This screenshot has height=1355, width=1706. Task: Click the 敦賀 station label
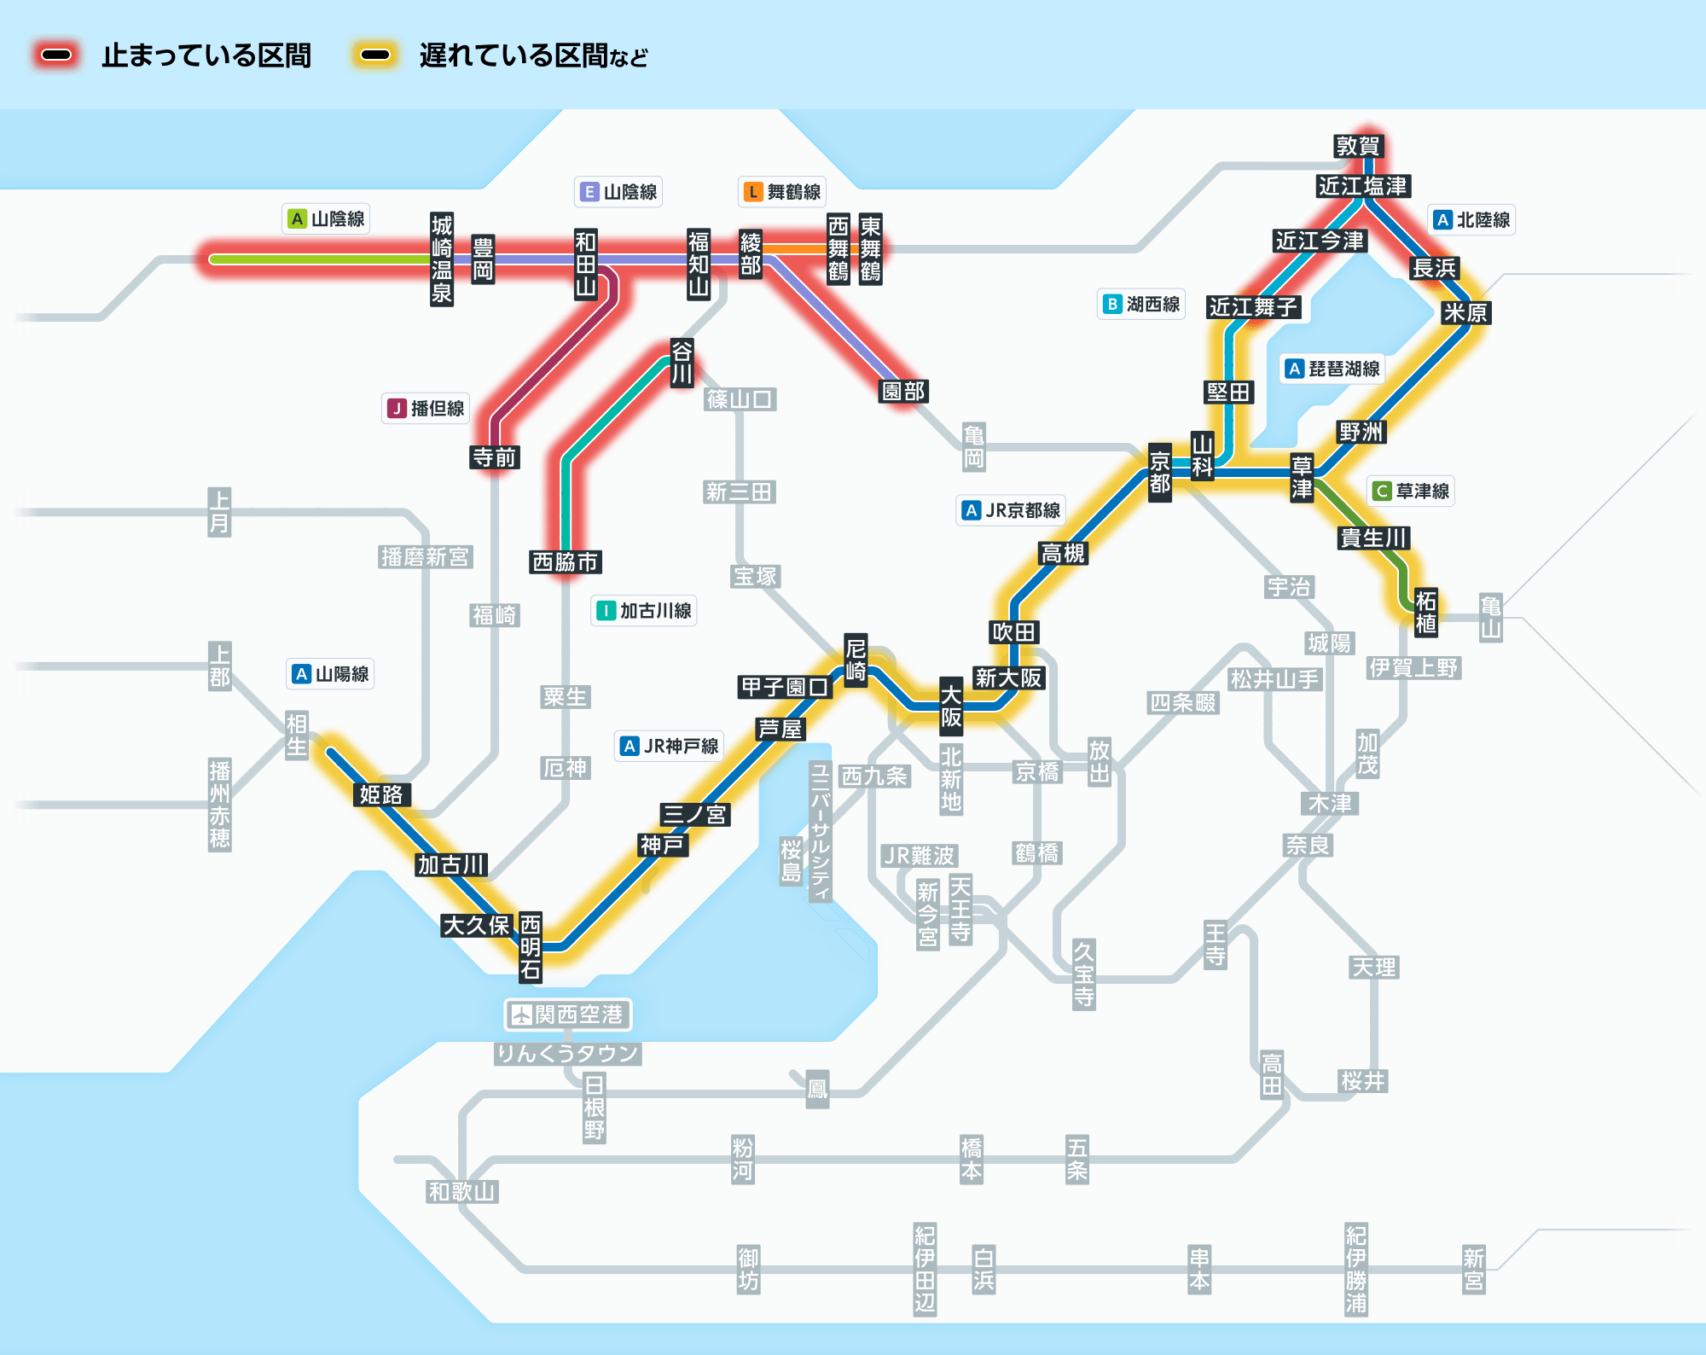click(1358, 146)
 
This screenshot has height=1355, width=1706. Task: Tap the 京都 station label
click(1160, 473)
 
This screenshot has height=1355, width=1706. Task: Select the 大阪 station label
click(951, 707)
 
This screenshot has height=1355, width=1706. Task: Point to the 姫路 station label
click(381, 794)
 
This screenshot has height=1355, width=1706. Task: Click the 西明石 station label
click(531, 947)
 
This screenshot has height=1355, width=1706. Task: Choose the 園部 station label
click(903, 391)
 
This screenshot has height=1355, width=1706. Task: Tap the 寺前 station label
click(495, 457)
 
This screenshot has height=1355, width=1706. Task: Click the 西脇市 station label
click(566, 561)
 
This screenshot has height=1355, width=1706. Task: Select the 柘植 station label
click(1426, 612)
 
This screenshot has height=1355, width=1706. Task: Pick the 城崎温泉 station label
click(442, 259)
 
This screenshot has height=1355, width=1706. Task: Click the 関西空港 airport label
click(568, 1015)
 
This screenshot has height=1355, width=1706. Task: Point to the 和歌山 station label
click(462, 1191)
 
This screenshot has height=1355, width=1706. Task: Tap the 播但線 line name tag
click(426, 409)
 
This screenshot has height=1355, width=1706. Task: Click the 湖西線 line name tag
click(1141, 304)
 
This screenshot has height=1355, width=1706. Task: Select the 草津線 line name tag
click(1411, 491)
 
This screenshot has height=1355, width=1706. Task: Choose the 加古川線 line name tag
click(644, 611)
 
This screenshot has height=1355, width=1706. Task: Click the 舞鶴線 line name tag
click(782, 192)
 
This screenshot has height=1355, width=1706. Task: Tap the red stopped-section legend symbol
click(56, 55)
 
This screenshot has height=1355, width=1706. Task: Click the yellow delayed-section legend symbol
click(375, 55)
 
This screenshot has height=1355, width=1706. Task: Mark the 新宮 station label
click(1474, 1270)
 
